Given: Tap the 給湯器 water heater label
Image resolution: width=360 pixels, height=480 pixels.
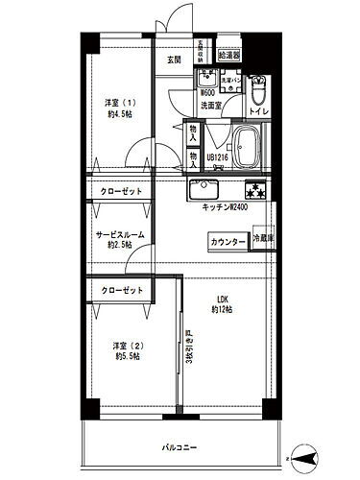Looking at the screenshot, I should click(x=229, y=56).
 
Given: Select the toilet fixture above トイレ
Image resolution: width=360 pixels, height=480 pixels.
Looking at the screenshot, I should click(x=258, y=92).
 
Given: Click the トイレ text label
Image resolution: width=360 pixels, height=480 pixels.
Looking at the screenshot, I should click(x=258, y=112).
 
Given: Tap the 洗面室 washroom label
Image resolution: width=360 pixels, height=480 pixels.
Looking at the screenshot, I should click(x=211, y=106).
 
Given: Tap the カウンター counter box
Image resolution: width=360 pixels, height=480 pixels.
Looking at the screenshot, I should click(x=227, y=242).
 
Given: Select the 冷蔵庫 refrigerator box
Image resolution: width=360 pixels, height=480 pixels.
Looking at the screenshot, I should click(x=263, y=240).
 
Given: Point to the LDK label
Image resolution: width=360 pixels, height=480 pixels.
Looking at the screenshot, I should click(x=223, y=302).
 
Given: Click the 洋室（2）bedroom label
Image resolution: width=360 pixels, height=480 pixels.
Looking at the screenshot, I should click(x=118, y=351).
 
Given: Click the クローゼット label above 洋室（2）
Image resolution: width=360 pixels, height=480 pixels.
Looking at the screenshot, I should click(x=121, y=291).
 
